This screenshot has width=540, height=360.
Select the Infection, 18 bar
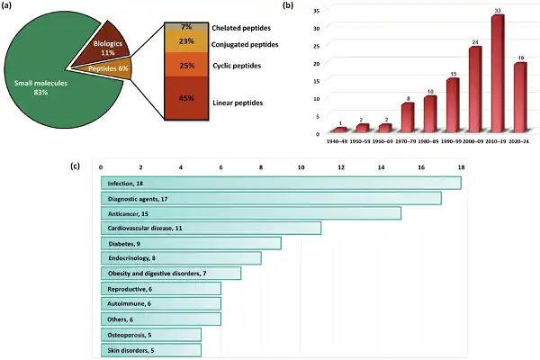click(x=281, y=183)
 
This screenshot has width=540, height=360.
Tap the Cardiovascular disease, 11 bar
click(x=211, y=228)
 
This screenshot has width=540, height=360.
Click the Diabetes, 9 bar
click(x=191, y=243)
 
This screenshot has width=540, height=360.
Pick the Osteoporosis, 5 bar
click(x=151, y=333)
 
